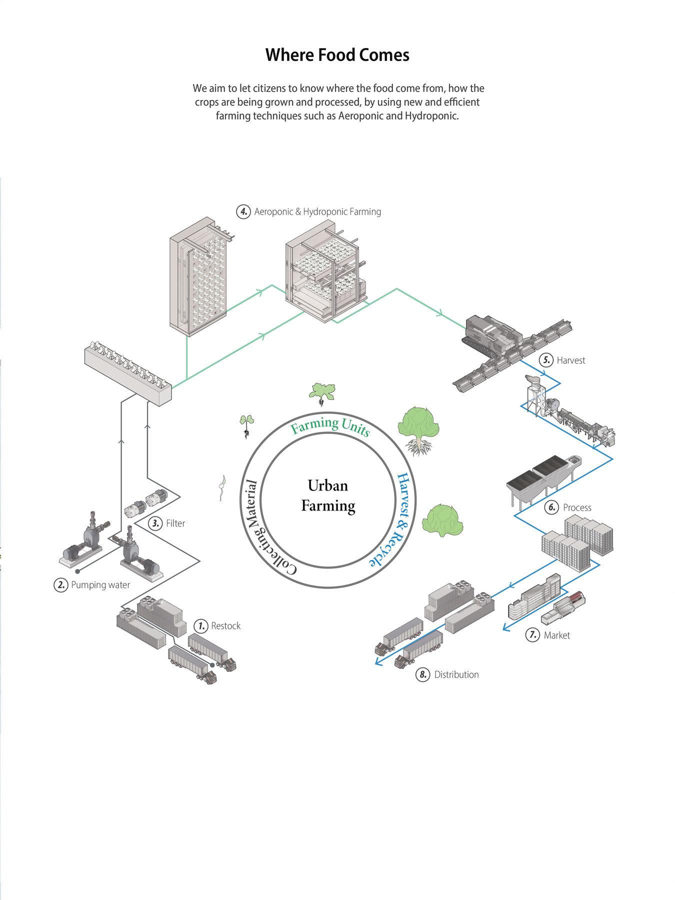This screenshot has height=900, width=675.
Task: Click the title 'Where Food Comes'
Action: coord(337,54)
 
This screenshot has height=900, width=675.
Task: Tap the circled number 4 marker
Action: coord(243,211)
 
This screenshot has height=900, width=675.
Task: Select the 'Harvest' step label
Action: coord(570,360)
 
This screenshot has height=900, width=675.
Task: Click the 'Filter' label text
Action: coord(175,523)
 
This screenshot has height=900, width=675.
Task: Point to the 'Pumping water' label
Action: coord(100,585)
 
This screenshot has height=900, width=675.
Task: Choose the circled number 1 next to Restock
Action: coord(201,626)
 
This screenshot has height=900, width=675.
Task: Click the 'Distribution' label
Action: coord(456,675)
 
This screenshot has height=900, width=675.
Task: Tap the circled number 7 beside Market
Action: coord(532,635)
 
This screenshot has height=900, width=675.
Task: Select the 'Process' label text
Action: coord(577,508)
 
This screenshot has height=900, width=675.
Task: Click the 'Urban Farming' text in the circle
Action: coord(328,495)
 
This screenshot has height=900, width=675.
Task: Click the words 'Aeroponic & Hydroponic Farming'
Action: coord(317,211)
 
